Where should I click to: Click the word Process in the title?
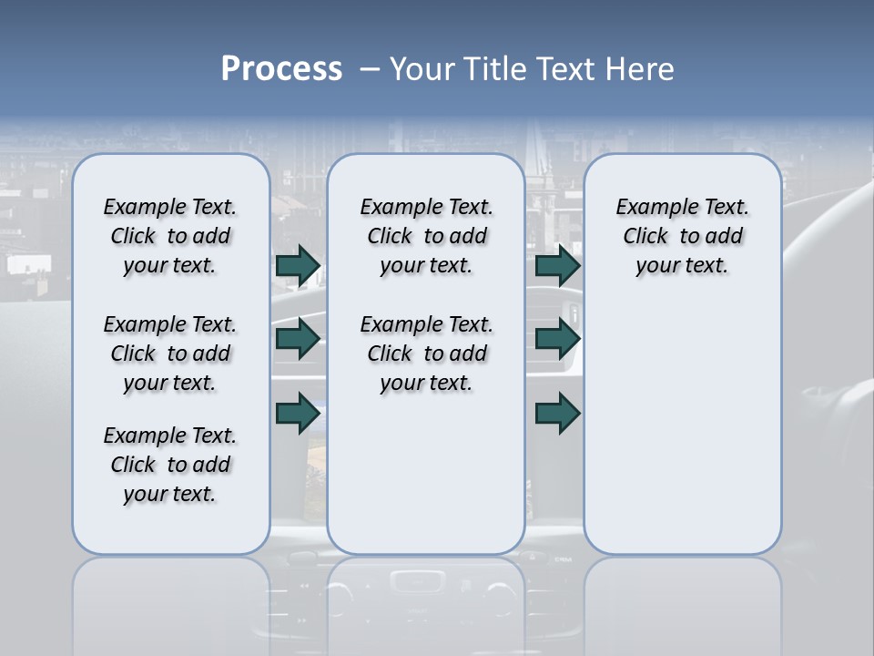click(281, 68)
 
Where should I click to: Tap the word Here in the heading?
click(640, 69)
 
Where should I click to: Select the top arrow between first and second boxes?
click(298, 266)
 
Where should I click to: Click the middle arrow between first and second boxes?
click(298, 340)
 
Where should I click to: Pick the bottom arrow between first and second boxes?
click(298, 413)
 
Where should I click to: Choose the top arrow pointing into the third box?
click(557, 266)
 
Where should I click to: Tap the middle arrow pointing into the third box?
click(557, 340)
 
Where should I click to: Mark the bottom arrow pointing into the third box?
click(557, 413)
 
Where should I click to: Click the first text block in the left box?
click(170, 236)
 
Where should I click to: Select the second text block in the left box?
click(170, 354)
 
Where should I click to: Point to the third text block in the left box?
click(170, 465)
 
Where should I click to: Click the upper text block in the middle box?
click(426, 236)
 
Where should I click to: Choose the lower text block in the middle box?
click(426, 354)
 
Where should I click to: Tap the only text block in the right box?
click(682, 236)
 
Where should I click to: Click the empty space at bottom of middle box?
click(426, 483)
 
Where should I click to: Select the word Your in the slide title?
click(422, 69)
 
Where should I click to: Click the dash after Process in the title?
click(370, 69)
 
